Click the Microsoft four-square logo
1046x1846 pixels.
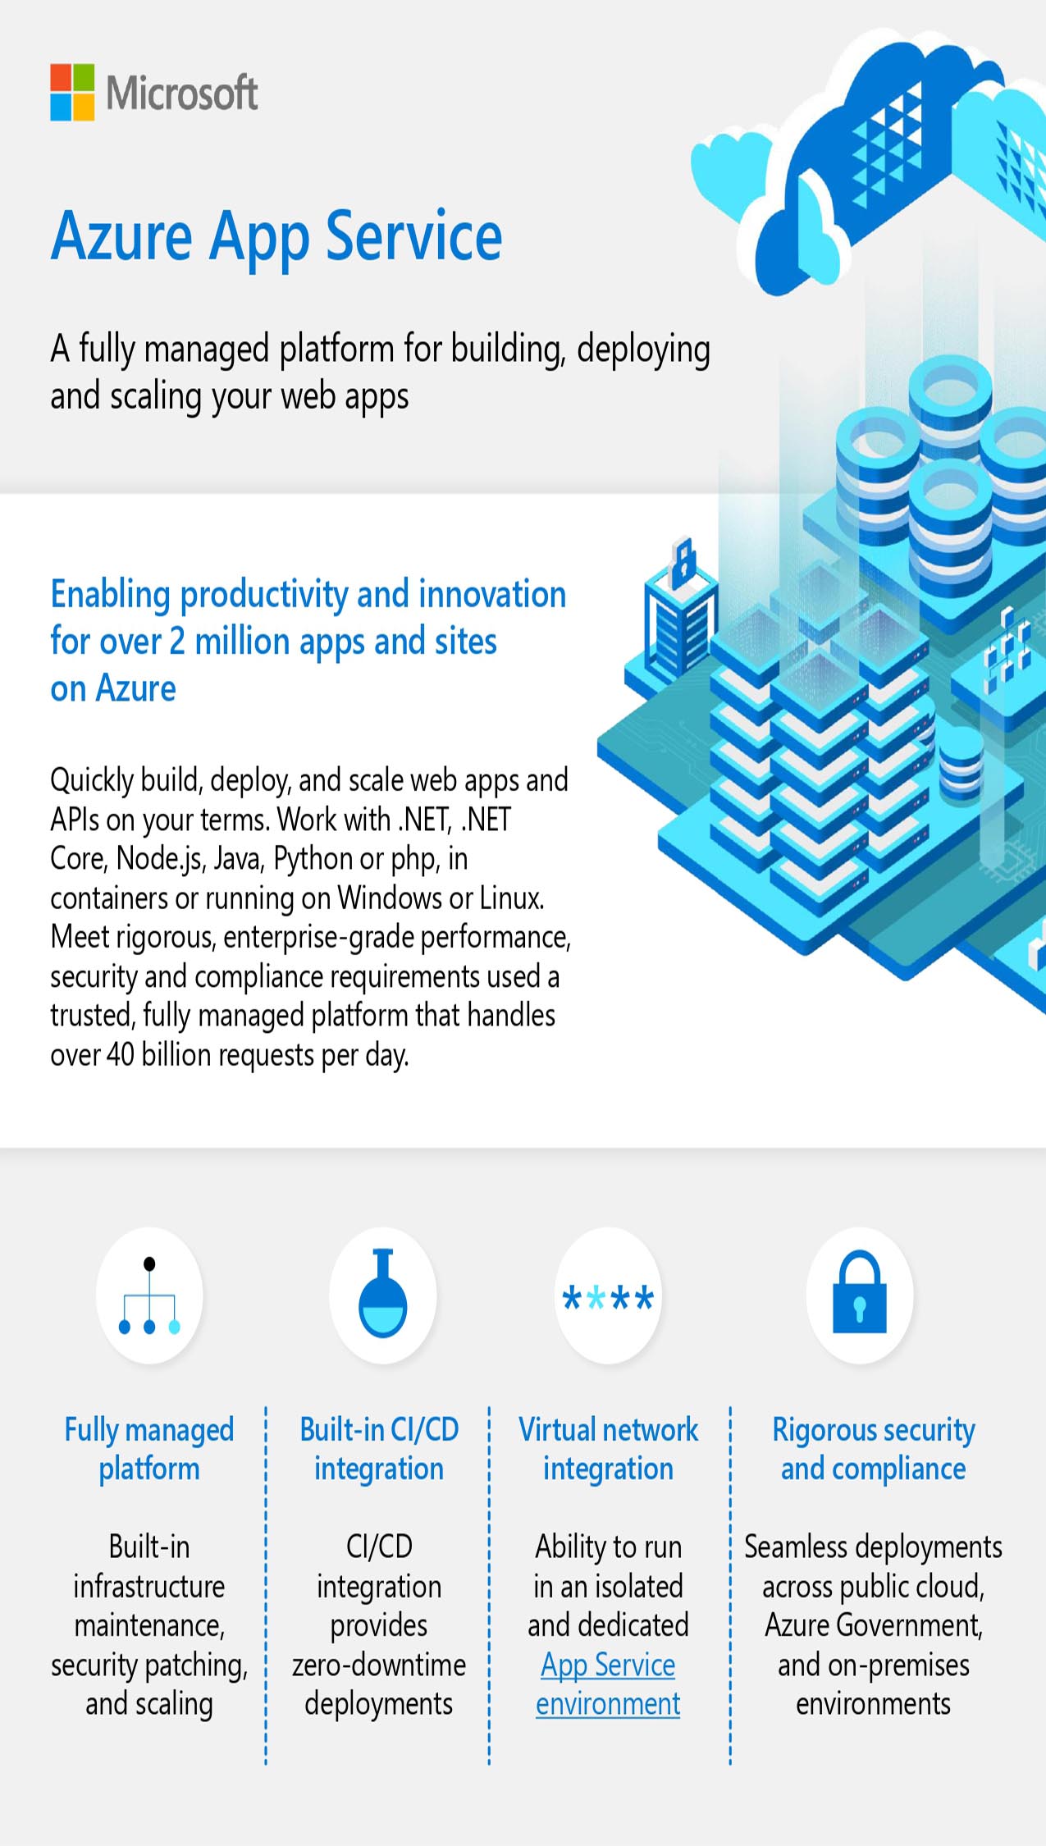click(72, 93)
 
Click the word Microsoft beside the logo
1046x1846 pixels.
click(182, 93)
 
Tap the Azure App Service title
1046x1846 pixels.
click(276, 237)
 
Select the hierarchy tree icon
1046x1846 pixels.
click(149, 1295)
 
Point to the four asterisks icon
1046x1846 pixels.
click(608, 1298)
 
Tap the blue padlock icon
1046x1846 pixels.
click(860, 1292)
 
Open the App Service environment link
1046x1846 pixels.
click(608, 1684)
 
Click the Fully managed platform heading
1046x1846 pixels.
click(149, 1449)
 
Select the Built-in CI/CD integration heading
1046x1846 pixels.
click(379, 1449)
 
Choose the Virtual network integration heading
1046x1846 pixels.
click(608, 1449)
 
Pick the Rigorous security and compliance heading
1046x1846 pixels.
click(874, 1449)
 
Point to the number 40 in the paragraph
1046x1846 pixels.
click(121, 1055)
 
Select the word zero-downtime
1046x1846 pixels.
click(379, 1665)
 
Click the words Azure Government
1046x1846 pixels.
click(874, 1625)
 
